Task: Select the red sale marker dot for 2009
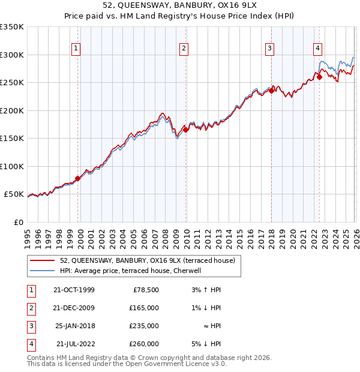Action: pyautogui.click(x=186, y=130)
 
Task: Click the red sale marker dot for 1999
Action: pyautogui.click(x=78, y=178)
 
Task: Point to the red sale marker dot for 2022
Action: pyautogui.click(x=319, y=77)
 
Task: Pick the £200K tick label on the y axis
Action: pyautogui.click(x=11, y=110)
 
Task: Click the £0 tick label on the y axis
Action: pyautogui.click(x=18, y=222)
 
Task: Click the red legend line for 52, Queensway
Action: pyautogui.click(x=42, y=260)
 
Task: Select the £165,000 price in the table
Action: pyautogui.click(x=145, y=308)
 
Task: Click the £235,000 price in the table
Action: pyautogui.click(x=145, y=326)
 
